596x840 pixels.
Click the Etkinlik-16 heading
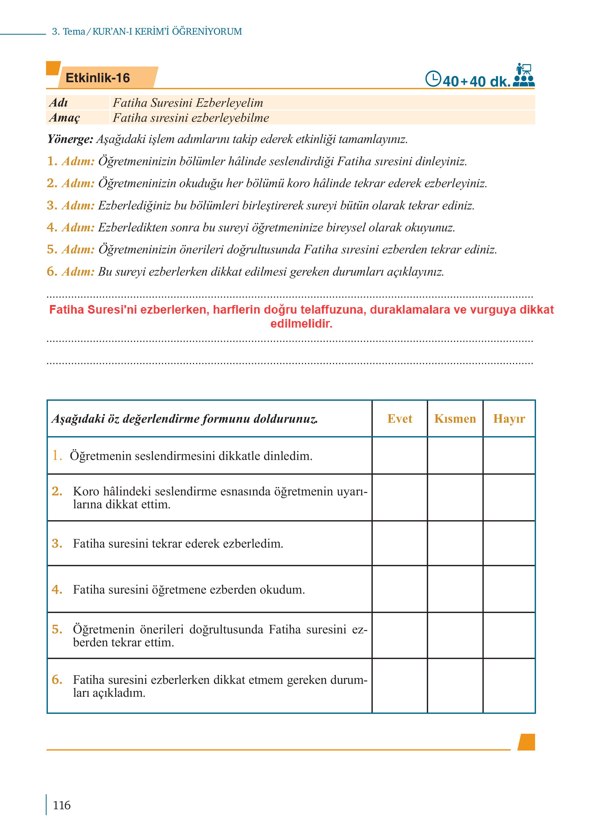click(x=98, y=78)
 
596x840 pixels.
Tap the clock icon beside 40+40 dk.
click(x=433, y=79)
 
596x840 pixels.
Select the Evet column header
click(x=400, y=419)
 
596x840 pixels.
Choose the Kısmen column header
click(x=455, y=419)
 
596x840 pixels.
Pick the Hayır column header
click(x=509, y=419)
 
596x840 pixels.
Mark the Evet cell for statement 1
click(x=400, y=456)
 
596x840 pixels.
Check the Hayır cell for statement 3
click(x=509, y=543)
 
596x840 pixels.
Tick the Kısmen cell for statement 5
click(x=455, y=635)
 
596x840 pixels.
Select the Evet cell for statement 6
click(x=400, y=686)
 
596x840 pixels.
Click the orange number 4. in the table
click(x=57, y=589)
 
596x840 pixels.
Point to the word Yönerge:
click(x=70, y=139)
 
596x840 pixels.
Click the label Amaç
click(x=64, y=118)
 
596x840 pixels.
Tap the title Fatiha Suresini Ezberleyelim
click(x=188, y=103)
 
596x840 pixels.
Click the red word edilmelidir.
click(x=301, y=323)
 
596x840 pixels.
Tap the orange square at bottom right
click(x=526, y=742)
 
